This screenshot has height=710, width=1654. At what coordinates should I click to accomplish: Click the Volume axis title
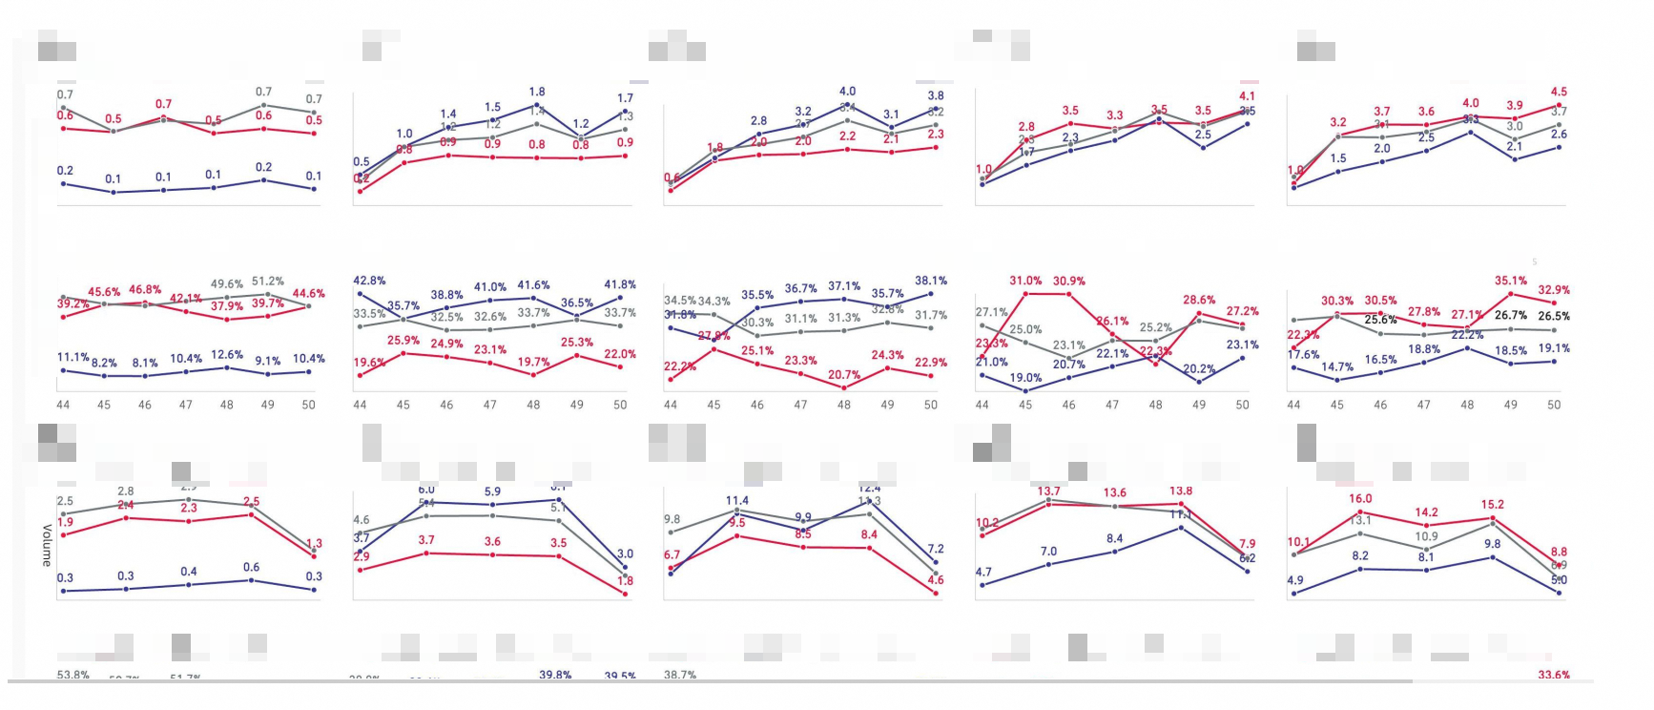pyautogui.click(x=46, y=545)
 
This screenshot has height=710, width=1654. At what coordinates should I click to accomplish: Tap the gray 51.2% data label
pyautogui.click(x=268, y=282)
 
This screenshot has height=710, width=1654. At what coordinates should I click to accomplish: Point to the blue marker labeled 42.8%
pyautogui.click(x=360, y=297)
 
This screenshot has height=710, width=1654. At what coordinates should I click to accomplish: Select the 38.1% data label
pyautogui.click(x=931, y=281)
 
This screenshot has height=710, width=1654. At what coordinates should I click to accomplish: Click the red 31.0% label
pyautogui.click(x=1025, y=281)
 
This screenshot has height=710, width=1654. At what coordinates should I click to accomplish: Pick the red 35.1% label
pyautogui.click(x=1511, y=281)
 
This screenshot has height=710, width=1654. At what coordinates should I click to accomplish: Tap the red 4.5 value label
pyautogui.click(x=1559, y=92)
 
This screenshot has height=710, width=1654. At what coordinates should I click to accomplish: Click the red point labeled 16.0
pyautogui.click(x=1360, y=512)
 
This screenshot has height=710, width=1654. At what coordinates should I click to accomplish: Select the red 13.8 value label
pyautogui.click(x=1181, y=491)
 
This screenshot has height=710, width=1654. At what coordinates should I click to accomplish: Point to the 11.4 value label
pyautogui.click(x=737, y=500)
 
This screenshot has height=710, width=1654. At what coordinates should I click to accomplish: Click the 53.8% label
pyautogui.click(x=72, y=675)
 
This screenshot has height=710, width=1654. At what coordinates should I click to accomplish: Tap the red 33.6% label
pyautogui.click(x=1554, y=675)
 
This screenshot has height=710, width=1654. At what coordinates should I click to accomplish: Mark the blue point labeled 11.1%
pyautogui.click(x=63, y=370)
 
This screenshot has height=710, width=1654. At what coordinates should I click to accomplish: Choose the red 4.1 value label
pyautogui.click(x=1247, y=95)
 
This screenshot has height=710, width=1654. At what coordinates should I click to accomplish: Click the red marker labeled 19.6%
pyautogui.click(x=360, y=376)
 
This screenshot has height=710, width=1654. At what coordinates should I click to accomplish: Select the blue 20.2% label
pyautogui.click(x=1199, y=368)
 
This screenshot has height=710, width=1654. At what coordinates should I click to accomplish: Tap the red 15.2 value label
pyautogui.click(x=1493, y=504)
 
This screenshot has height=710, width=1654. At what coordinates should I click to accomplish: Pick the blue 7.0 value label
pyautogui.click(x=1048, y=551)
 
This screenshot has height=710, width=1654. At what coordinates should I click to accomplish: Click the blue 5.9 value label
pyautogui.click(x=492, y=491)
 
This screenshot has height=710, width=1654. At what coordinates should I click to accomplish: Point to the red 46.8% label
pyautogui.click(x=145, y=289)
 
